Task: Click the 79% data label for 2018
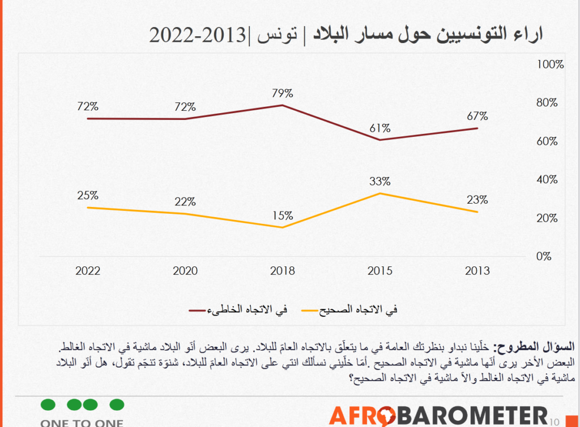click(282, 93)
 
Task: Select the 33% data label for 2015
click(380, 182)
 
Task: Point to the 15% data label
click(282, 215)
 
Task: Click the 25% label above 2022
click(88, 195)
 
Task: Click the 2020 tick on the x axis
click(185, 271)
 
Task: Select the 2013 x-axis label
click(477, 271)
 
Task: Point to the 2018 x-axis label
click(282, 271)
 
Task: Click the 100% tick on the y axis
click(550, 64)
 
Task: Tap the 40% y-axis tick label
click(547, 180)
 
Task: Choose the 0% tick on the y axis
click(544, 256)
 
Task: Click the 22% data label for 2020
click(185, 201)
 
